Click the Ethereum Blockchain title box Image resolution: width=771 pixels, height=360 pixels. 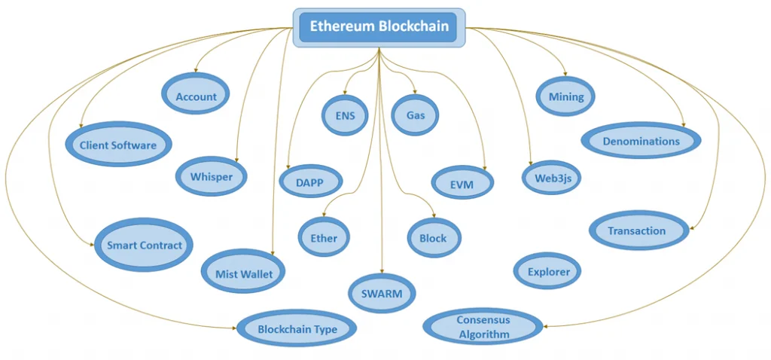click(379, 27)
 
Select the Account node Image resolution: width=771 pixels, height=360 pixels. click(196, 96)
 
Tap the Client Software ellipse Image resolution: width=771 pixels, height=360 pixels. click(118, 145)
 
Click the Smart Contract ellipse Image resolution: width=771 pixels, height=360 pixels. click(144, 245)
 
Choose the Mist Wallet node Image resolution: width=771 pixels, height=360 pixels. click(244, 273)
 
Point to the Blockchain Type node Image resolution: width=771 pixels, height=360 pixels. click(297, 328)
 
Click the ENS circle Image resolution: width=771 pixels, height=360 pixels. click(345, 116)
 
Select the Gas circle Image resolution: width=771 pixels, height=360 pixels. click(416, 116)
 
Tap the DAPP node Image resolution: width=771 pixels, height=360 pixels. click(311, 182)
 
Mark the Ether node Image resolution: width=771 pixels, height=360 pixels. click(324, 238)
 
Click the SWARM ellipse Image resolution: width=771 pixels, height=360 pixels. click(382, 293)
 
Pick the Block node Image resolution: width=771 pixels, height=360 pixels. click(434, 238)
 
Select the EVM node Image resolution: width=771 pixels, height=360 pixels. click(462, 184)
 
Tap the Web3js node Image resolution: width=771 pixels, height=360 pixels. click(552, 178)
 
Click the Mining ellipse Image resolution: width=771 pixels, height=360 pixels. click(565, 96)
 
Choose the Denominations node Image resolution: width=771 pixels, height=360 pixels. click(641, 141)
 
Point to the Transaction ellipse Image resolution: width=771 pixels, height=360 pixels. click(637, 230)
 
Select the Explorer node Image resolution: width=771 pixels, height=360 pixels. click(548, 271)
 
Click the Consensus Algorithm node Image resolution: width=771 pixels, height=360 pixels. click(483, 327)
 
